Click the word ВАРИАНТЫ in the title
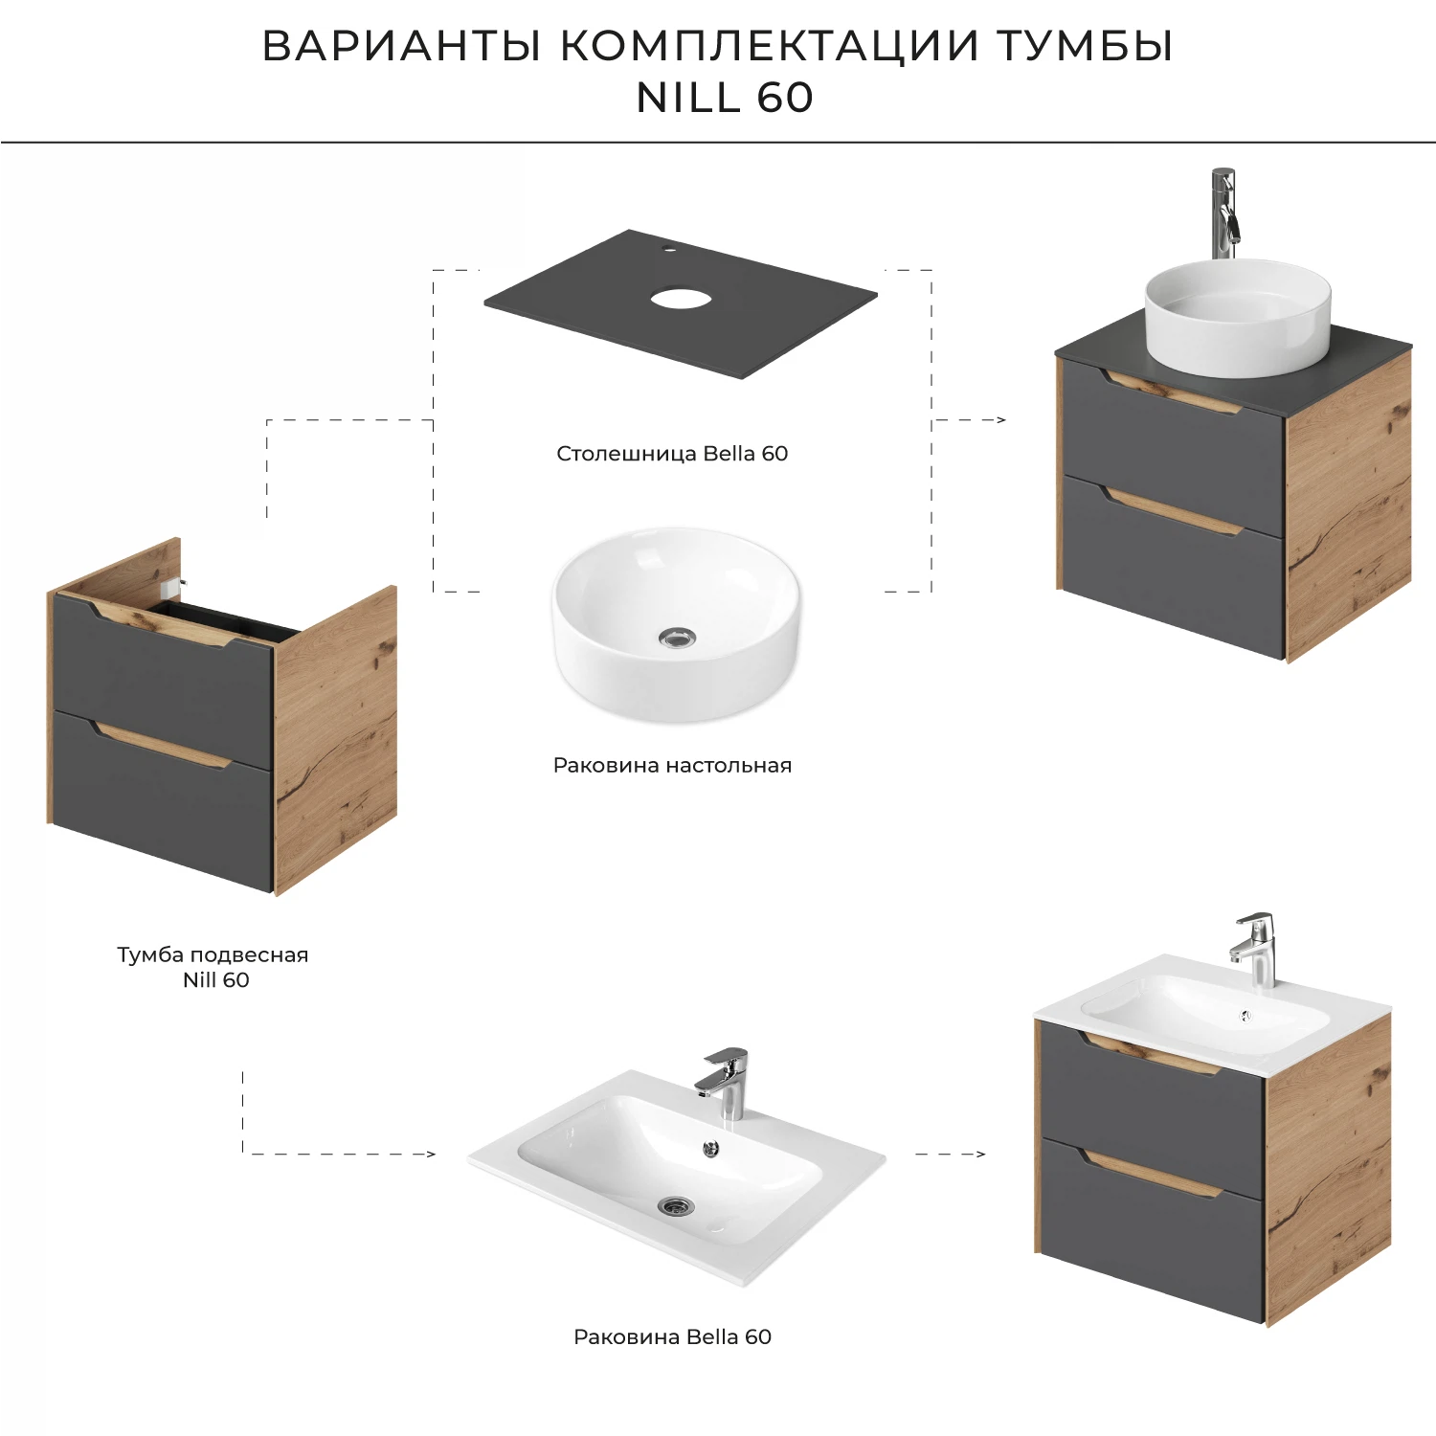click(x=403, y=46)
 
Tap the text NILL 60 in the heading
click(x=725, y=98)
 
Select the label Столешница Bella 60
click(x=672, y=454)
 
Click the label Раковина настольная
click(x=672, y=765)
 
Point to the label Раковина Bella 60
click(x=672, y=1336)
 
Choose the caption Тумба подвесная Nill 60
click(x=213, y=967)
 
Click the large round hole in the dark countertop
click(x=681, y=299)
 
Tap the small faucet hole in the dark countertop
click(x=669, y=252)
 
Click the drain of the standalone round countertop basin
click(x=677, y=638)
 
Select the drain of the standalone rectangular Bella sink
click(x=676, y=1206)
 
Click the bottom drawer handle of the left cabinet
click(x=163, y=747)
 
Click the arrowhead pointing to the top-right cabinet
click(x=1000, y=419)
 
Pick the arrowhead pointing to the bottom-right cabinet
click(x=979, y=1155)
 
